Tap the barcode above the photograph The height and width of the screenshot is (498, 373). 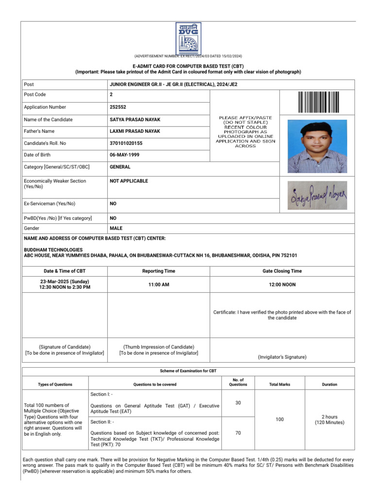318,102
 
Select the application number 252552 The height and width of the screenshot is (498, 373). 119,107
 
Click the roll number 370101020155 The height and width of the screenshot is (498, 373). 126,143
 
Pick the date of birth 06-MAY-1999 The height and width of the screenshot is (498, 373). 126,155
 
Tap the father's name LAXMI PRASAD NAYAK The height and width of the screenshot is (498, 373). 135,131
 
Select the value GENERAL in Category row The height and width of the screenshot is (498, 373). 120,167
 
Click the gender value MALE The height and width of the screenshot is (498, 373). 116,228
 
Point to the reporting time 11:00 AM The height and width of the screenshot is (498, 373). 159,285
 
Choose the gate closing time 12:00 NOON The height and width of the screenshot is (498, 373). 282,285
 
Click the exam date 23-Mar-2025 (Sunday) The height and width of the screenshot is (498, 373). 65,281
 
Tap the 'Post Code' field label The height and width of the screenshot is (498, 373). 35,95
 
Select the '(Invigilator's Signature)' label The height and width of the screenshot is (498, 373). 282,357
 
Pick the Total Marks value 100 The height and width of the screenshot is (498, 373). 280,419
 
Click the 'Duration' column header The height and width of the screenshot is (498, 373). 329,384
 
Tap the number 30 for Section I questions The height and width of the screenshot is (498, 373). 238,403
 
